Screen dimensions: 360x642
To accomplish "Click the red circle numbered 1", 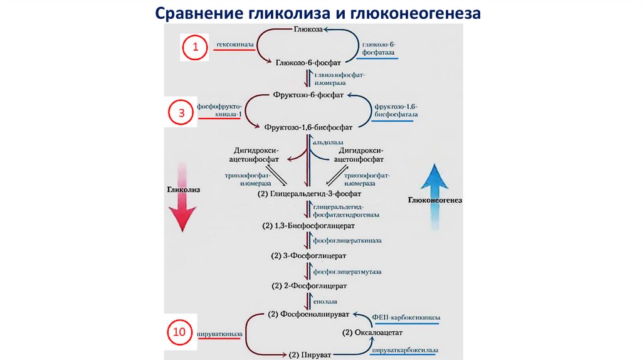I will coord(195,47).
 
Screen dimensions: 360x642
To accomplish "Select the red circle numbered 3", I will coord(181,114).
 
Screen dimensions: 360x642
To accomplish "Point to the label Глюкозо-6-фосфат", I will coord(308,63).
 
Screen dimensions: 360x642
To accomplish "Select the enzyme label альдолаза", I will coord(327,144).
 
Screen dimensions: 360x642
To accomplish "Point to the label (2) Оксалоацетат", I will coord(372,332).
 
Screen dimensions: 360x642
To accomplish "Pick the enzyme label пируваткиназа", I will coord(218,334).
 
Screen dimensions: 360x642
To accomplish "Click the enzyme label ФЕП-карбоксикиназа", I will coord(406,318).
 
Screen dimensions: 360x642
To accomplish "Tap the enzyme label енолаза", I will coord(325,301).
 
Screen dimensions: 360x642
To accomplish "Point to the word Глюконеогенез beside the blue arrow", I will coord(434,200).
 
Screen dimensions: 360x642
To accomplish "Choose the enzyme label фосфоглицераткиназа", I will coord(347,240).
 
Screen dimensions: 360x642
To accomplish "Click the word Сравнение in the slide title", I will coord(192,13).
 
